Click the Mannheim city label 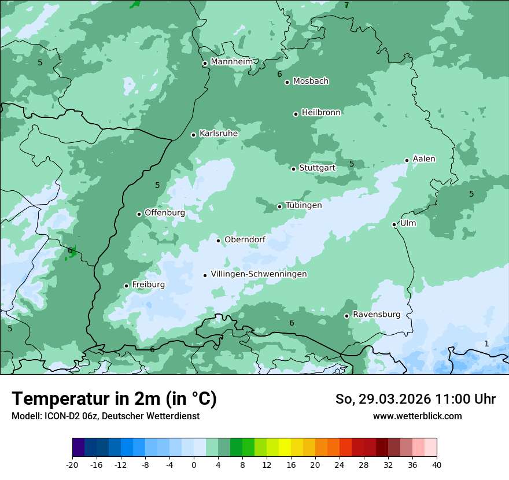[x=231, y=62]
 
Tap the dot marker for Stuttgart [x=293, y=169]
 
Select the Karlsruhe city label [x=219, y=134]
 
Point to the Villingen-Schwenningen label [x=259, y=274]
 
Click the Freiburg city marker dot [x=126, y=286]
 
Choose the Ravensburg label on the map [x=376, y=315]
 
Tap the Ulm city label [x=408, y=223]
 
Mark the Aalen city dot [x=407, y=160]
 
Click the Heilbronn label [x=321, y=113]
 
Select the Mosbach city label [x=311, y=82]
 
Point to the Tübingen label [x=304, y=205]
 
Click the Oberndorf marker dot [x=218, y=241]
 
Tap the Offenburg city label [x=164, y=213]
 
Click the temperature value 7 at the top [x=346, y=6]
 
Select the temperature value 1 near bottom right [x=486, y=344]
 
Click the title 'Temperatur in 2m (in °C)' [x=115, y=399]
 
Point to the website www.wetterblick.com [x=417, y=416]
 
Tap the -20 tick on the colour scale [x=72, y=465]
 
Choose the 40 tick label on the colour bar [x=437, y=465]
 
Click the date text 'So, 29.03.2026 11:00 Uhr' [x=415, y=399]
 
